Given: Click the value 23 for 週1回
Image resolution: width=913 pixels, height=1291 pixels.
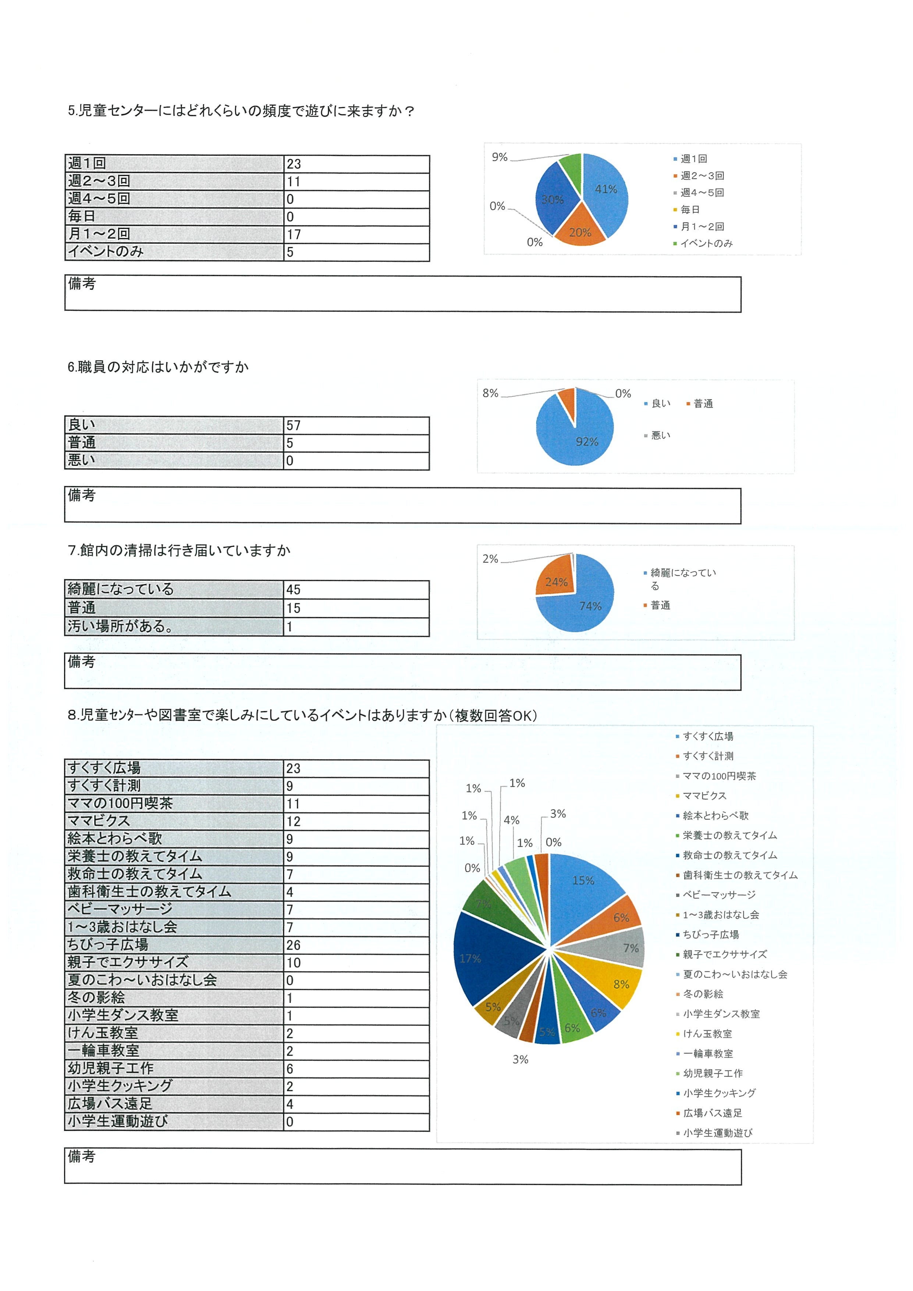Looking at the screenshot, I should click(294, 164).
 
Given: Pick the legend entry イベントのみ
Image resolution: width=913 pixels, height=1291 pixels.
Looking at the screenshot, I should click(706, 243).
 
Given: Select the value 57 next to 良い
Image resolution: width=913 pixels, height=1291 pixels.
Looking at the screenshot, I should click(294, 426).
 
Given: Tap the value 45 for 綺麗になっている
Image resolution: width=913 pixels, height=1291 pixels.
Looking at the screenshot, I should click(294, 590).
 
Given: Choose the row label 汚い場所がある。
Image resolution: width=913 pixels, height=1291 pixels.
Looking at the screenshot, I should click(120, 626).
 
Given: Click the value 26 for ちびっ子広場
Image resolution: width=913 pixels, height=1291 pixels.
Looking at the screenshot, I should click(294, 945).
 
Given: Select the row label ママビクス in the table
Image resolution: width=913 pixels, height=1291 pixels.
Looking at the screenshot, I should click(99, 821).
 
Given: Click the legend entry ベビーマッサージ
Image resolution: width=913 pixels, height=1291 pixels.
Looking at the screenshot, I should click(718, 895).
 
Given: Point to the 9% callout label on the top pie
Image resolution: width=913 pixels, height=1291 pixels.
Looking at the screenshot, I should click(499, 157).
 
